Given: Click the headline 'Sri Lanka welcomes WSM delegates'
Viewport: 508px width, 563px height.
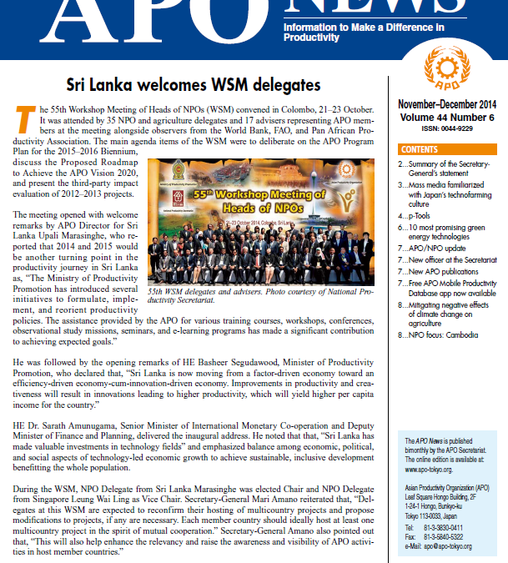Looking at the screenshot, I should (x=194, y=85).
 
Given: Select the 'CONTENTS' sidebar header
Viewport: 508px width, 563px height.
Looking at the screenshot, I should (x=420, y=149).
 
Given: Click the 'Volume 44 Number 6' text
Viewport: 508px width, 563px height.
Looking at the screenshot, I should (x=445, y=118).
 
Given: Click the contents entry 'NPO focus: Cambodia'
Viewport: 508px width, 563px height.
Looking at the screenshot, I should (x=442, y=335).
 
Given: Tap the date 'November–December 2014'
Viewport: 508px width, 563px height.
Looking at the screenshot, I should (x=446, y=107).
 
